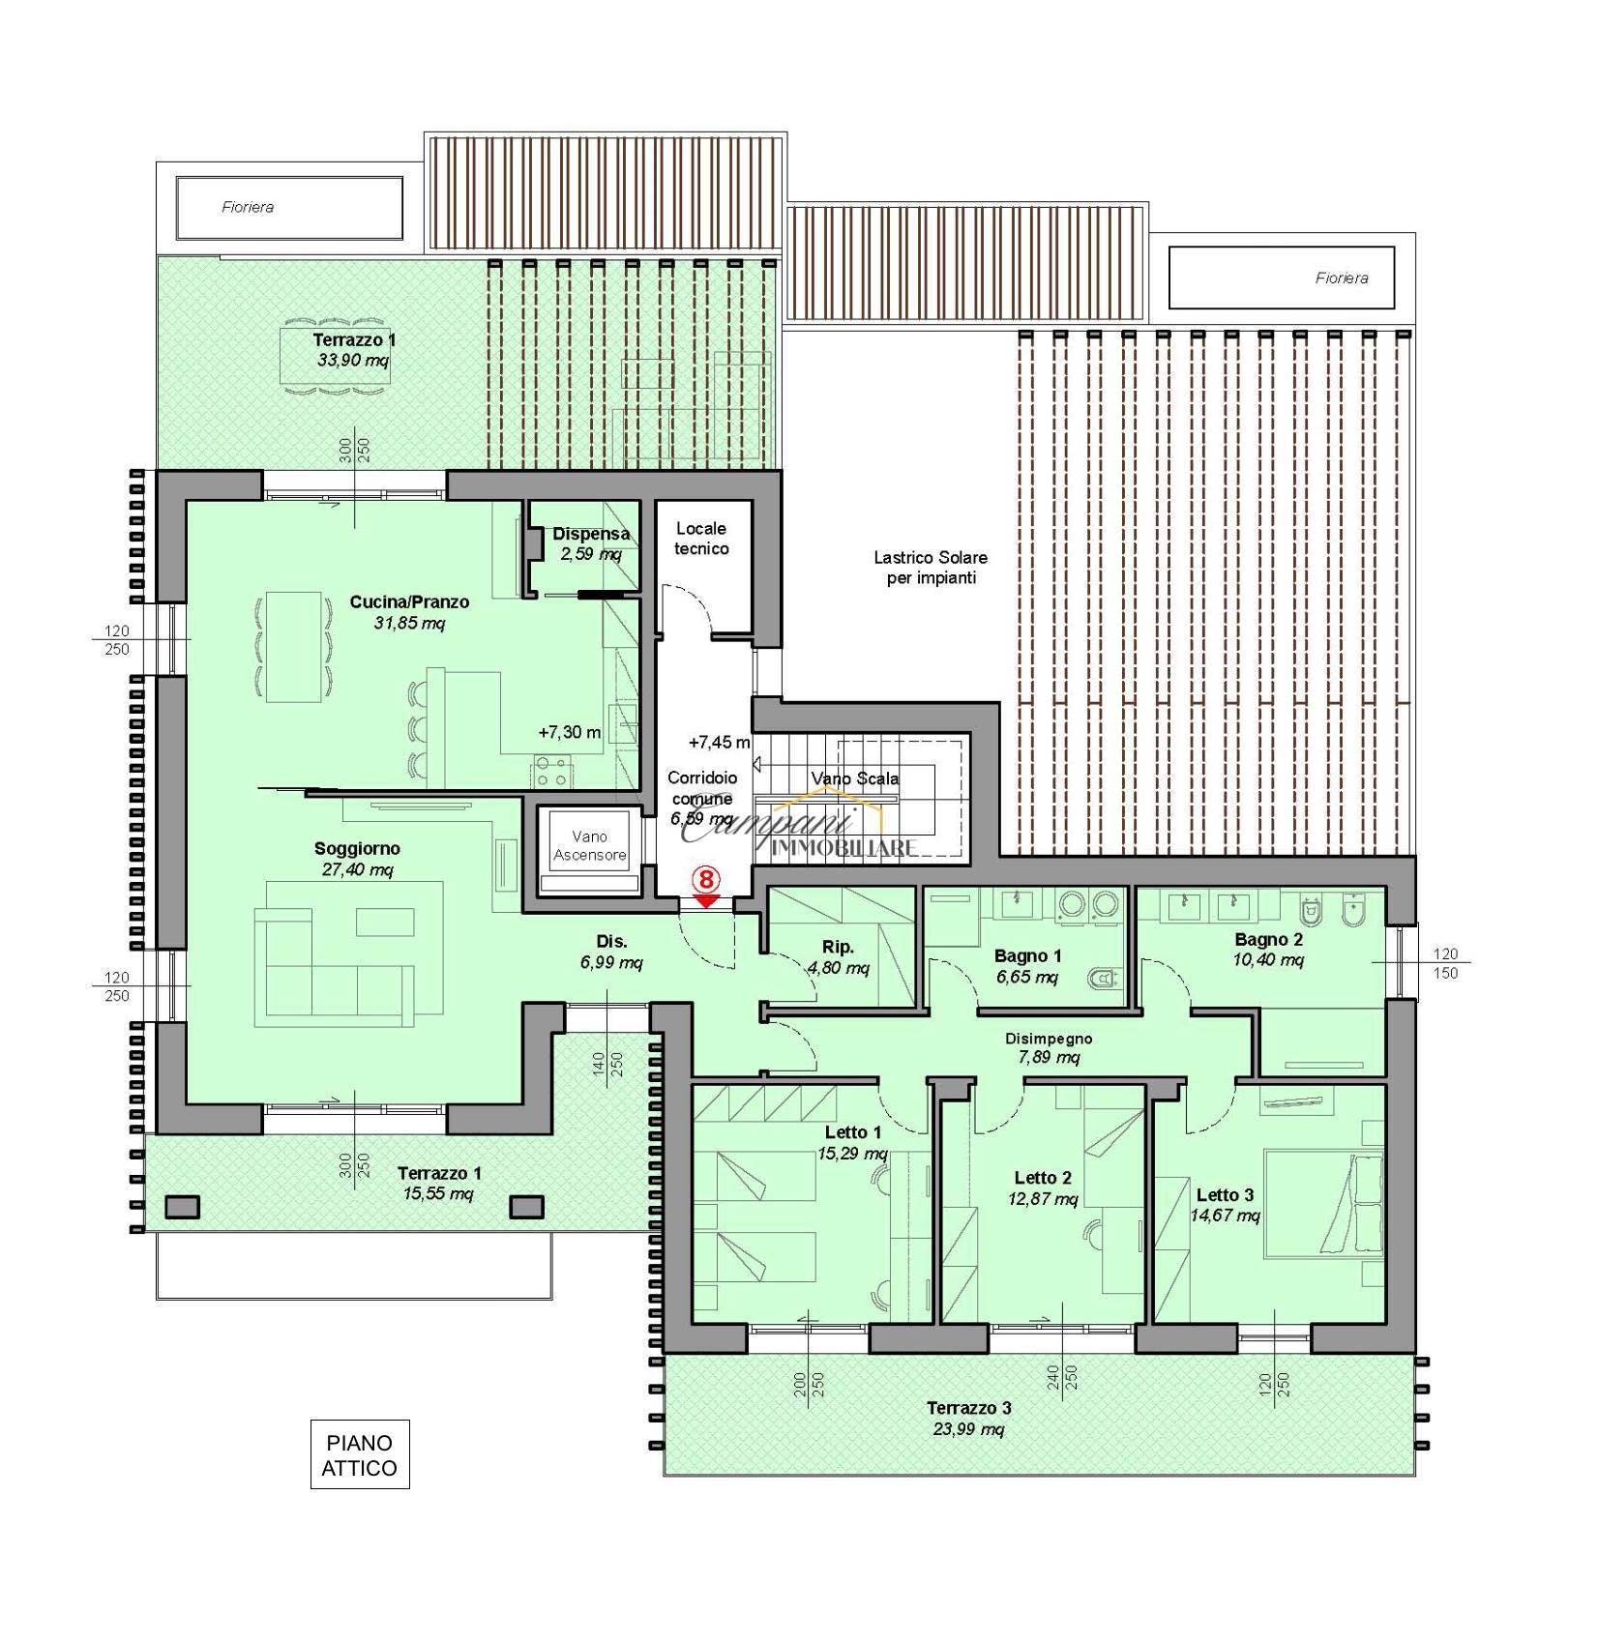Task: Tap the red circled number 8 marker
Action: (707, 880)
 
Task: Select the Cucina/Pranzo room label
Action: (409, 601)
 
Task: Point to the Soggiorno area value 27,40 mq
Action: (357, 869)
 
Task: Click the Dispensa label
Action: (591, 534)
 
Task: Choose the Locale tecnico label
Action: (701, 539)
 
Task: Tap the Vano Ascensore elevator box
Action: (589, 850)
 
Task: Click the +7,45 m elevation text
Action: (719, 743)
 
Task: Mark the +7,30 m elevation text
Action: (570, 732)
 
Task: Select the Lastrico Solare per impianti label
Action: (931, 568)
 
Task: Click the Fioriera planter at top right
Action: (1282, 278)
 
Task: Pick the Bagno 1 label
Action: (1027, 956)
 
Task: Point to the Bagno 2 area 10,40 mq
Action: (1268, 959)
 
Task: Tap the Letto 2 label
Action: (1042, 1178)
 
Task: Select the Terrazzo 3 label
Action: (968, 1408)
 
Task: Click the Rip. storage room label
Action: (838, 948)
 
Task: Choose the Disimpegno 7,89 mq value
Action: (1049, 1057)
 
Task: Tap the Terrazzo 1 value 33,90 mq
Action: (353, 360)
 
